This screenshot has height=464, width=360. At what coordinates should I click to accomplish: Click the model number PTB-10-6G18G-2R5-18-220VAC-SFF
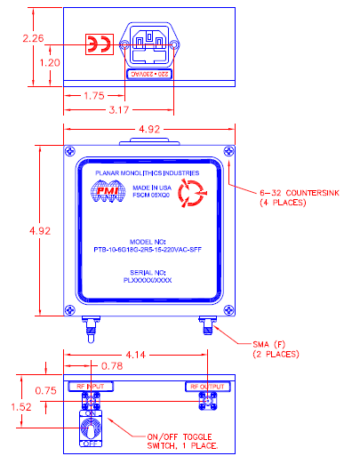pyautogui.click(x=148, y=252)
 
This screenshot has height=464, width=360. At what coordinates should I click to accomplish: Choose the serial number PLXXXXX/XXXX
pyautogui.click(x=148, y=280)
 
